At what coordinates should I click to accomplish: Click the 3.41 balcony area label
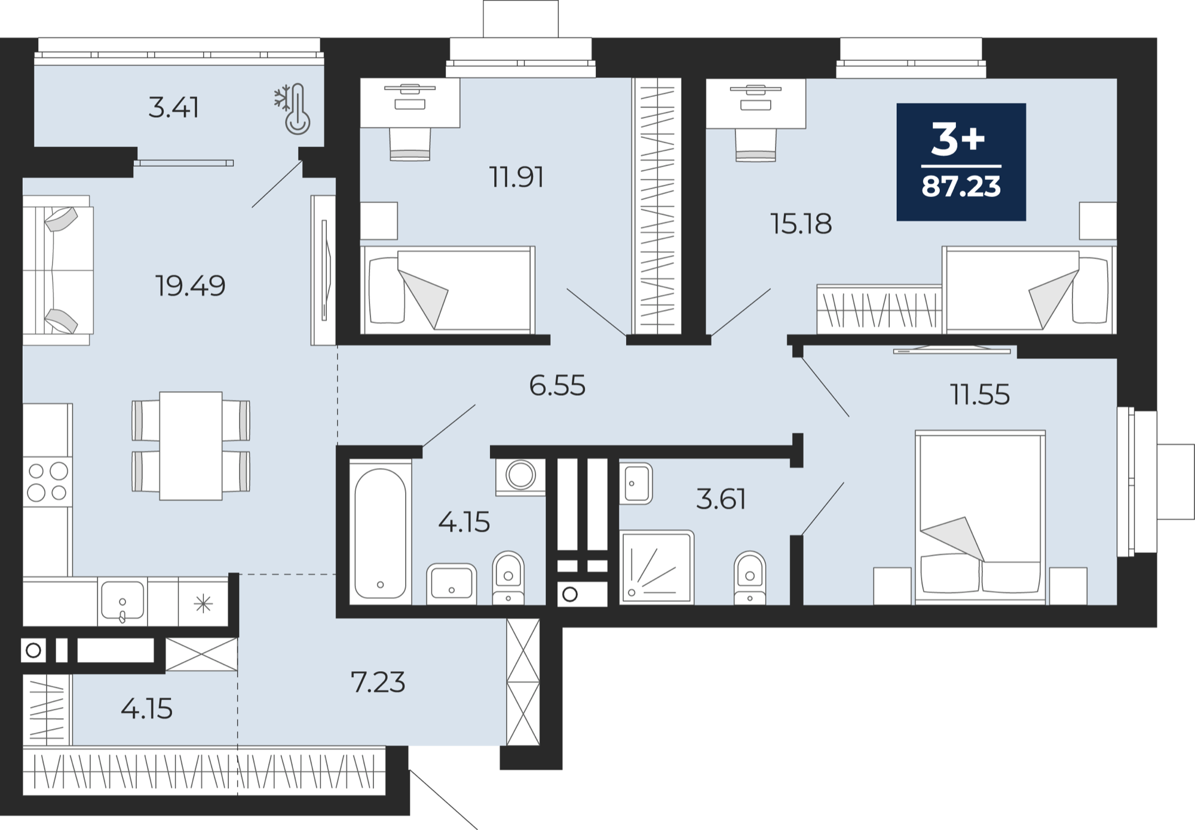tap(173, 108)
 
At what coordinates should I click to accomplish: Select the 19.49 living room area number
tap(191, 285)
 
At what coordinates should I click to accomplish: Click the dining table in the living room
tap(191, 445)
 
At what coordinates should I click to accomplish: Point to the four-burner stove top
tap(48, 482)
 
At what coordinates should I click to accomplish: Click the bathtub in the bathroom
tap(381, 533)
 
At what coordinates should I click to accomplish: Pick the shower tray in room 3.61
tap(657, 567)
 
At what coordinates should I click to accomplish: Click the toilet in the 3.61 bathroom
tap(750, 577)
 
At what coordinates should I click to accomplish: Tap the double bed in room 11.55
tap(980, 517)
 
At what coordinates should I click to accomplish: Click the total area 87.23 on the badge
tap(961, 186)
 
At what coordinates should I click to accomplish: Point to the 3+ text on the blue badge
tap(958, 140)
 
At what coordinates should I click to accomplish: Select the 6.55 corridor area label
tap(557, 386)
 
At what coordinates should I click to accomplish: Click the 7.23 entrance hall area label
tap(378, 682)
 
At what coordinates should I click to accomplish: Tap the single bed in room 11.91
tap(448, 290)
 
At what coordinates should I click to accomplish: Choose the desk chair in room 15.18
tap(756, 145)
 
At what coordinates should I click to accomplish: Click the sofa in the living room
tap(58, 270)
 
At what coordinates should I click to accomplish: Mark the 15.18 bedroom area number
tap(801, 224)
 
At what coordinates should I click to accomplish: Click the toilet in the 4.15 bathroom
tap(508, 577)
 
